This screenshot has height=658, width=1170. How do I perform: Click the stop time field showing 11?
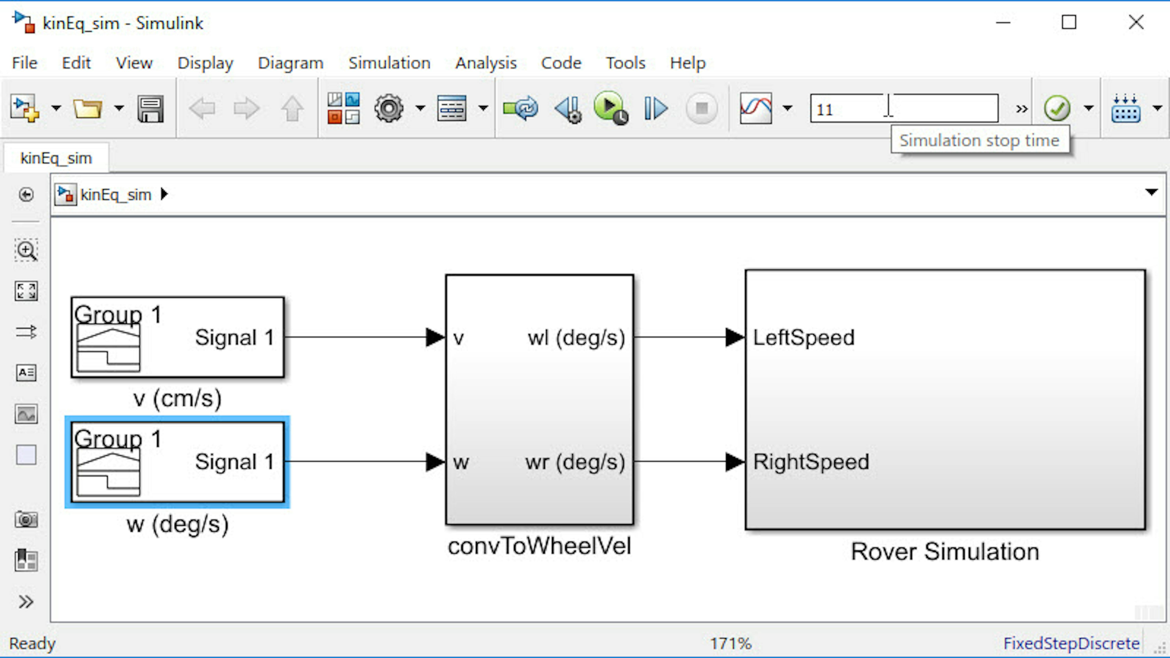[904, 109]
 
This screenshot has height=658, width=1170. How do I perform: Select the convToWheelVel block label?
[539, 546]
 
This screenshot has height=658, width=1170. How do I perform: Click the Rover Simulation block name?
[945, 552]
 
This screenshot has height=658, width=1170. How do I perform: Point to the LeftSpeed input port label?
[803, 337]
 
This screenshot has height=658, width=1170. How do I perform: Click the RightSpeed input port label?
[811, 462]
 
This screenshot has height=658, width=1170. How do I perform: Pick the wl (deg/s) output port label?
[576, 338]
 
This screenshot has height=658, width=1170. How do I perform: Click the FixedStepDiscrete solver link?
[1071, 643]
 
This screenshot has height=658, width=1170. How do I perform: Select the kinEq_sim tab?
[56, 158]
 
